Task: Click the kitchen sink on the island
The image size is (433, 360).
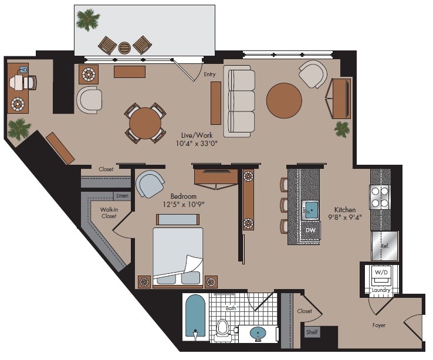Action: tap(310, 210)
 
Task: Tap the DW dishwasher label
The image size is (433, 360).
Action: tap(310, 230)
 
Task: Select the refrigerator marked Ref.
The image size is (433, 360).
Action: tap(385, 246)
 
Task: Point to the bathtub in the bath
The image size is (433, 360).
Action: tap(195, 317)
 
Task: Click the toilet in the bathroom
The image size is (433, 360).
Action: tap(222, 328)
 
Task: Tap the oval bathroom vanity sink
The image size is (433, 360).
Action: tap(258, 333)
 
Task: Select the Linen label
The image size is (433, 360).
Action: tap(123, 196)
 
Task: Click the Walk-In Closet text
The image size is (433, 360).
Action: tap(109, 213)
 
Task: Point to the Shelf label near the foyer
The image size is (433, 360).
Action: tap(312, 332)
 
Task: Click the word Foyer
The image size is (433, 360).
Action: tap(379, 325)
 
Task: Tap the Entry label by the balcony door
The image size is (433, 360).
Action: tap(209, 74)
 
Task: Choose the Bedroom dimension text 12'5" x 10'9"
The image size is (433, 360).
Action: tap(184, 204)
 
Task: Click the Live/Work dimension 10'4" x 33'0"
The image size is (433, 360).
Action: tap(197, 143)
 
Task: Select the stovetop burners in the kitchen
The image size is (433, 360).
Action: tap(380, 197)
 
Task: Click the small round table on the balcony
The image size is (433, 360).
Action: tap(124, 47)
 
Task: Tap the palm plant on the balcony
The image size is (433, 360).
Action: tap(88, 20)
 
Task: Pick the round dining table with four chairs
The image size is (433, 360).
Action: tap(145, 123)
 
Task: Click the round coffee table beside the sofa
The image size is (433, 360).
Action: tap(284, 100)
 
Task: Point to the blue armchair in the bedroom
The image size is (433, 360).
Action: tap(150, 184)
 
